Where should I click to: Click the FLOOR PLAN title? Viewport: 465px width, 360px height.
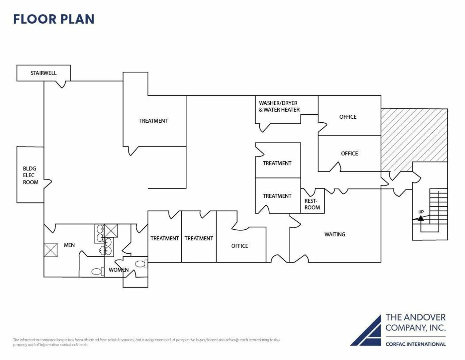click(x=54, y=19)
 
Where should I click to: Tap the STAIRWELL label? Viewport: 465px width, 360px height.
click(x=44, y=73)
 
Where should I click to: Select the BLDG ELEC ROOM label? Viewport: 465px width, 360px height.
click(x=30, y=176)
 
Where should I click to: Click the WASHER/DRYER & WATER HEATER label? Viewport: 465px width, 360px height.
click(x=279, y=107)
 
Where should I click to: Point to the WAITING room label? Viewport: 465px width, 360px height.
click(x=334, y=235)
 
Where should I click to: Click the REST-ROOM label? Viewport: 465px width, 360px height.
click(x=312, y=204)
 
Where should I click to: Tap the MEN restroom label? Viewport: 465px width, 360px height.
click(x=69, y=245)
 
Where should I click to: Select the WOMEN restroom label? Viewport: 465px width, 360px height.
click(x=119, y=270)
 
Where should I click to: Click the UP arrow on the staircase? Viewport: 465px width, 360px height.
click(x=421, y=218)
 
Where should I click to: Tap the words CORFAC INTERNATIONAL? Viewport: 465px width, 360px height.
click(x=415, y=344)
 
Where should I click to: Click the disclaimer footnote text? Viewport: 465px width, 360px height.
click(x=146, y=342)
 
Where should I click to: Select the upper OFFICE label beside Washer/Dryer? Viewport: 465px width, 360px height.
click(x=348, y=117)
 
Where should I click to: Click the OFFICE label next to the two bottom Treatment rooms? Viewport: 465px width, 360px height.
click(x=239, y=246)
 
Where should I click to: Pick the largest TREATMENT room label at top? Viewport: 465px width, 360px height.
click(x=153, y=121)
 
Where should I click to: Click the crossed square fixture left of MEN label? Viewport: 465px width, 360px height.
click(x=50, y=250)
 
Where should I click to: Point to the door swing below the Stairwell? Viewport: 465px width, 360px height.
click(x=60, y=84)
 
